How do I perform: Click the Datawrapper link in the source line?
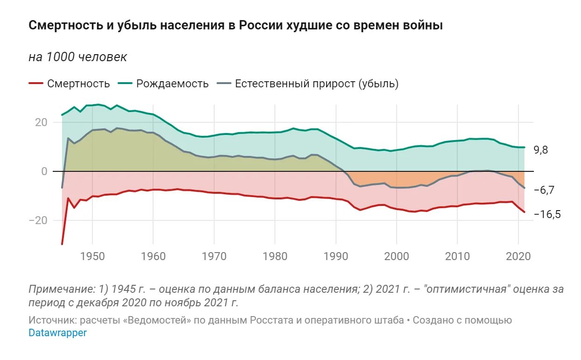pos(58,333)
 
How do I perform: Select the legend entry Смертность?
pos(78,84)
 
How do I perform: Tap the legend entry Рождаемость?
pos(172,84)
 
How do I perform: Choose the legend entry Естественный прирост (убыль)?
pos(316,84)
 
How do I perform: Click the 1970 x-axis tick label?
pos(214,257)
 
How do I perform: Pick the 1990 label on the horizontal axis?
pos(336,257)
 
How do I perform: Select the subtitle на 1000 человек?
pos(77,57)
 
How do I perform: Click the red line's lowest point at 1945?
pos(62,244)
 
